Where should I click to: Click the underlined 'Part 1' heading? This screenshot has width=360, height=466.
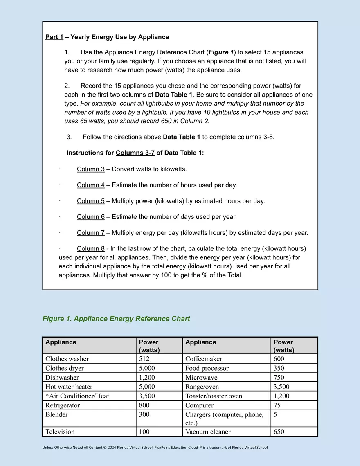point(54,37)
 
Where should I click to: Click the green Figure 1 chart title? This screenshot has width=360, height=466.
point(116,319)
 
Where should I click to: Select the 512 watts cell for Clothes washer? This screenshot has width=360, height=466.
point(145,359)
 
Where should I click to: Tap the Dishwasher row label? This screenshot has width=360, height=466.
point(62,378)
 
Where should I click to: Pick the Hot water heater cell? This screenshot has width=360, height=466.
point(69,387)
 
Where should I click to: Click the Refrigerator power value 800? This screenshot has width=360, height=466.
point(144,405)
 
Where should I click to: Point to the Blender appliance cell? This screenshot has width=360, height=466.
point(57,415)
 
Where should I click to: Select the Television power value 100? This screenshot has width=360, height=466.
point(144,432)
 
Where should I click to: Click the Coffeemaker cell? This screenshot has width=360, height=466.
point(204,359)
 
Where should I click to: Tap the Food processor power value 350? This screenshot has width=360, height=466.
point(279,368)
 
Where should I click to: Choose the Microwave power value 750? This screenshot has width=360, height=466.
point(279,378)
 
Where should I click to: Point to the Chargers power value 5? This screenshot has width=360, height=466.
point(275,415)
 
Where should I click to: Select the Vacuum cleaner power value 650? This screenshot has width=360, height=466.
point(279,432)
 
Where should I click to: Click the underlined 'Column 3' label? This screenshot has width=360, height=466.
point(90,169)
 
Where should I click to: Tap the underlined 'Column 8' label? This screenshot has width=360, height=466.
point(90,248)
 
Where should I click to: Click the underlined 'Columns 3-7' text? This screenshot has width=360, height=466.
point(135,153)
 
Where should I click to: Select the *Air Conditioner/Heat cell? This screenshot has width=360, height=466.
point(77,396)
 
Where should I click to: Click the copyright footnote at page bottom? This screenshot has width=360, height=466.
point(155,448)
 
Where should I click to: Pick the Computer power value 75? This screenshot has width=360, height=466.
point(277,405)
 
